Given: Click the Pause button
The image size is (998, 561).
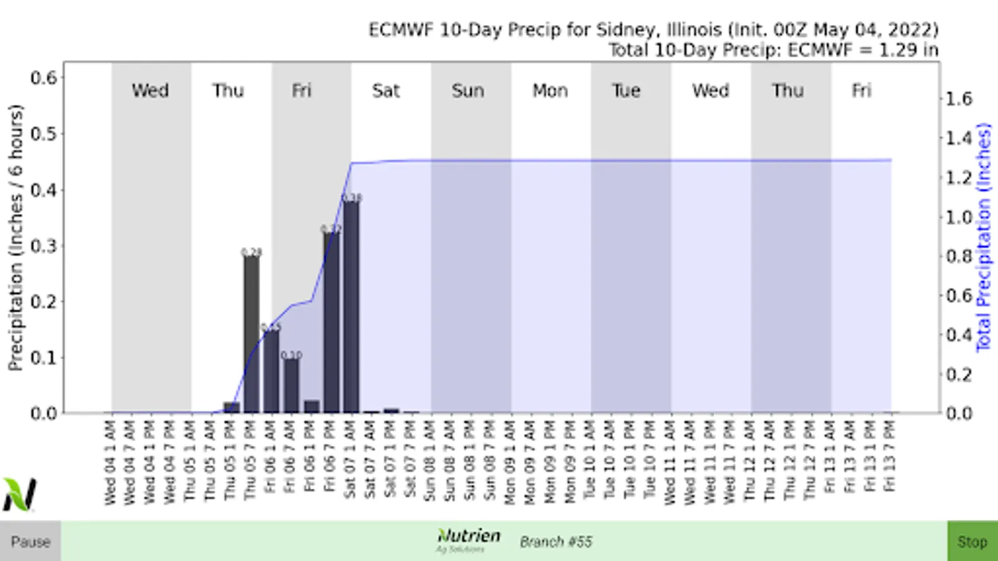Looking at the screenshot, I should tap(30, 541).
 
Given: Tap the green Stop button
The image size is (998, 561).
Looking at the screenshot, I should tap(972, 541).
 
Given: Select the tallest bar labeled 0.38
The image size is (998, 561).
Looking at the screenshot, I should tap(351, 305).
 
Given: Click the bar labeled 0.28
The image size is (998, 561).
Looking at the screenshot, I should tap(251, 333).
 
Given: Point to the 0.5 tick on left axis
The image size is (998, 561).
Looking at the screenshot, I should tap(44, 134).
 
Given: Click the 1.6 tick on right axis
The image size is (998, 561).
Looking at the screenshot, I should tap(959, 99).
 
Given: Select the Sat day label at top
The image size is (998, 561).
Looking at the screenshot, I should tap(385, 91).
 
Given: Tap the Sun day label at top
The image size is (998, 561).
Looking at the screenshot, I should tap(468, 91).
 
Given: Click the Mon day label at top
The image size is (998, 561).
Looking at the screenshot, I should tap(550, 91).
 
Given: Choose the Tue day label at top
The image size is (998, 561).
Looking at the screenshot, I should tap(626, 91).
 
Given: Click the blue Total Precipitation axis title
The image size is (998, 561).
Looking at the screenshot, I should tap(984, 237).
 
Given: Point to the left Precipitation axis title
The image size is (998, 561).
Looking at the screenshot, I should tap(16, 237).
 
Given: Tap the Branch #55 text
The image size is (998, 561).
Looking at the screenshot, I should tap(556, 541).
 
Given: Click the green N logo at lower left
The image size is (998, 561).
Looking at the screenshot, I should tap(19, 494).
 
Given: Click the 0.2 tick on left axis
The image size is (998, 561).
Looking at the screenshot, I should tap(44, 302).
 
